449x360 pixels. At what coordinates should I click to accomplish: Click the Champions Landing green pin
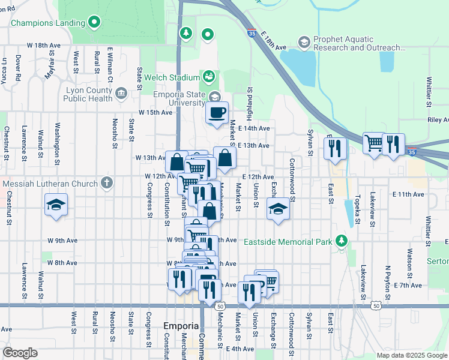point(94,23)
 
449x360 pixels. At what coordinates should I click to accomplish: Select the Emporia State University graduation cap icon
point(214,97)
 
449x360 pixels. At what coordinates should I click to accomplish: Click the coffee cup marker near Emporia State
point(217,112)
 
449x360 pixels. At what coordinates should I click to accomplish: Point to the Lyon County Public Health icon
point(121,93)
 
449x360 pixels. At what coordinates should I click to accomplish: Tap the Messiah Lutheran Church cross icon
point(107,182)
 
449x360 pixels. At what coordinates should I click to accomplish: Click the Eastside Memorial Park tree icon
point(342,241)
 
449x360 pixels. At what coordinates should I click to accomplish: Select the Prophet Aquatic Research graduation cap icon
point(304,43)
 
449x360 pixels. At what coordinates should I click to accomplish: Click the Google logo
point(20,353)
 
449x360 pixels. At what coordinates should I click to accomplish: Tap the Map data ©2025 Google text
point(411,355)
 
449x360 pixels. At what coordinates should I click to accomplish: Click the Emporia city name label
point(181,326)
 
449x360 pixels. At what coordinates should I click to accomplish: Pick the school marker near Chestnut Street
point(56,205)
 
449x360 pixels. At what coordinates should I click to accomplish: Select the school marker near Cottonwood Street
point(277,209)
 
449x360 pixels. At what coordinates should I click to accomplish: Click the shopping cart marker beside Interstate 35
point(374,143)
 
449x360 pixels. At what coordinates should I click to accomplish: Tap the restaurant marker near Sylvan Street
point(335,148)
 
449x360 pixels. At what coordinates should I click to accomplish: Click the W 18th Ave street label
point(44,46)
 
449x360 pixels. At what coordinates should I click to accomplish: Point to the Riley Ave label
point(437,120)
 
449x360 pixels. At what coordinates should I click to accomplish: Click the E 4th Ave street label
point(240,349)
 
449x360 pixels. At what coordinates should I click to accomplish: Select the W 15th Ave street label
point(155,112)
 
